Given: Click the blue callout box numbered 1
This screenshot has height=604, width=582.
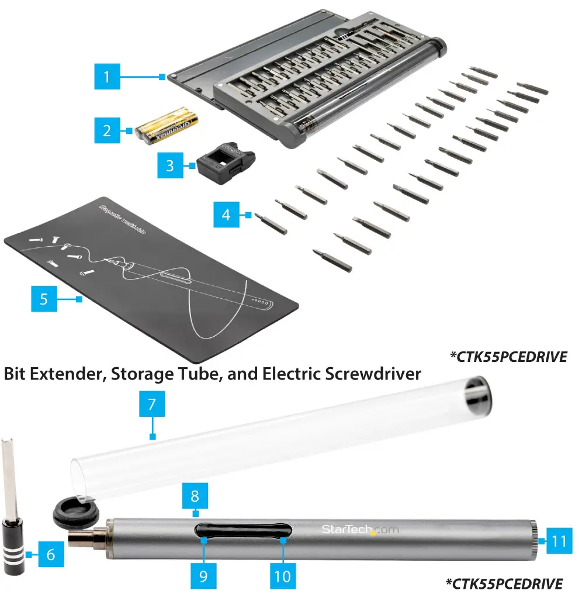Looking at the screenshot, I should click(x=106, y=77).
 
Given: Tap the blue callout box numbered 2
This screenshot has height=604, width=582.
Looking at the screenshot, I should click(x=106, y=130).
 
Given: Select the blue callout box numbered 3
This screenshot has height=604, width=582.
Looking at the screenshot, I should click(x=169, y=165).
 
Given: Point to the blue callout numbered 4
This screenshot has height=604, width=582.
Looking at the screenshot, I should click(x=226, y=215).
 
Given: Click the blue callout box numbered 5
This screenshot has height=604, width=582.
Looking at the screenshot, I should click(x=44, y=299).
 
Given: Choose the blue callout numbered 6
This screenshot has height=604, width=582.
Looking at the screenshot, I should click(x=50, y=554).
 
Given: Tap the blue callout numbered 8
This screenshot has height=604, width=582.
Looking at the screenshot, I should click(x=195, y=496).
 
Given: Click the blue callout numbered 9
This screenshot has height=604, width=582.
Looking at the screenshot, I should click(x=203, y=575).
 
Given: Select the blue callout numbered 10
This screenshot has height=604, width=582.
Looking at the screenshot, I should click(x=282, y=575).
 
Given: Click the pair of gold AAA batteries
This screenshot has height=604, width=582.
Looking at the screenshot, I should click(x=167, y=126).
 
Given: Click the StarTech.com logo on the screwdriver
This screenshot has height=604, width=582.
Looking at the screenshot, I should click(x=359, y=530).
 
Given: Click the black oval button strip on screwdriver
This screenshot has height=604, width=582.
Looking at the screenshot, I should click(x=244, y=530).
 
